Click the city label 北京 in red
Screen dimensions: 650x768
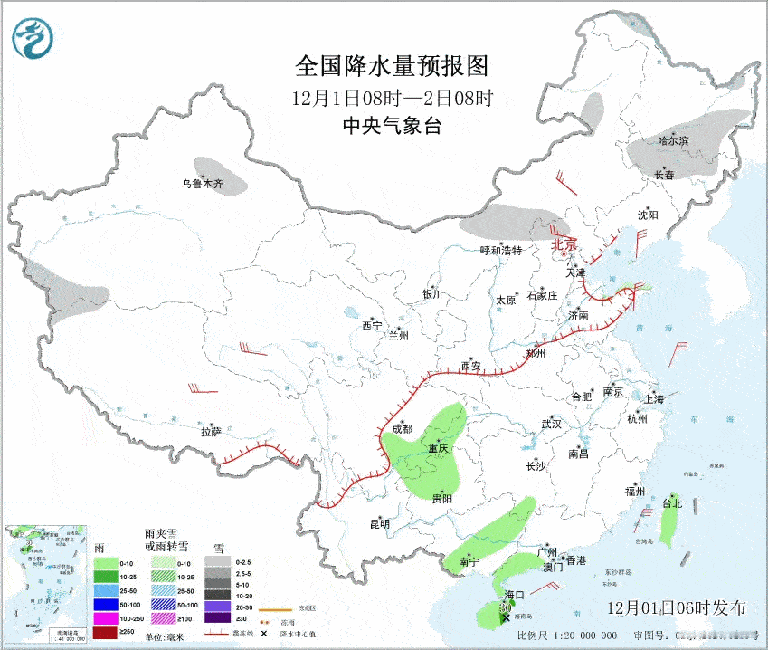[564, 244]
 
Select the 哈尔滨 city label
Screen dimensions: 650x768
[672, 140]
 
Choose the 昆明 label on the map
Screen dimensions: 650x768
[379, 523]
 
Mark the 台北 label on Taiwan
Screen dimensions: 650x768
[671, 503]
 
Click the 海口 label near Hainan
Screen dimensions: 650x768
[515, 594]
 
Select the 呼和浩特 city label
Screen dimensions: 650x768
[501, 250]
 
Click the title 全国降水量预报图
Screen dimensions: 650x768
[392, 66]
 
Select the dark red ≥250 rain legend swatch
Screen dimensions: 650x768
[105, 631]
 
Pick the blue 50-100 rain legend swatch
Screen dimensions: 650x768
[105, 603]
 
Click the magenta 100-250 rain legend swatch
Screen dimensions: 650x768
[105, 617]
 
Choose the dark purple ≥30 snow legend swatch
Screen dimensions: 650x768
[218, 617]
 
